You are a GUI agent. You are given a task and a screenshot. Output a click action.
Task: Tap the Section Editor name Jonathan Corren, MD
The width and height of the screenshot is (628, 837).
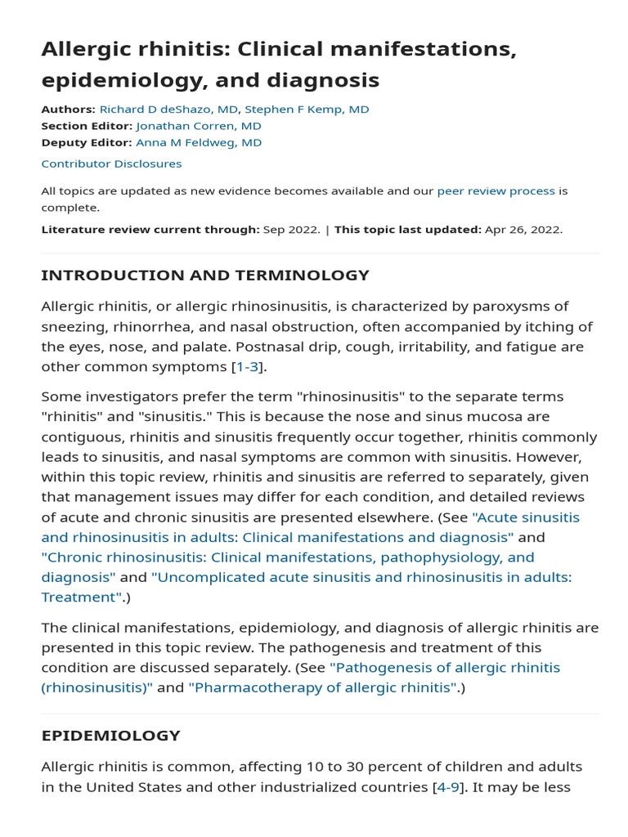[x=199, y=126]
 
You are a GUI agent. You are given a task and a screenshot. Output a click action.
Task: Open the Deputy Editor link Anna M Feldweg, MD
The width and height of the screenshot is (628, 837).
[x=199, y=142]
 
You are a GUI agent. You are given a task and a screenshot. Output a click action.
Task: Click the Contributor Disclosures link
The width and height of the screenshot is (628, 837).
[x=111, y=163]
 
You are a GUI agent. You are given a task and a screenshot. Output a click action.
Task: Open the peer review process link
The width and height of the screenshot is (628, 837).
[x=496, y=191]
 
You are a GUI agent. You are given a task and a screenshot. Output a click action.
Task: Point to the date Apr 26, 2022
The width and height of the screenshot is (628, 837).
[x=523, y=230]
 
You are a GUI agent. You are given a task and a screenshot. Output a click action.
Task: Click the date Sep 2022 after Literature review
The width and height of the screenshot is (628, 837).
[x=291, y=230]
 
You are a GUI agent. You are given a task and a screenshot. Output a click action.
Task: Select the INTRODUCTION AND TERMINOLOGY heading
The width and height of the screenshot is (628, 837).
[x=205, y=275]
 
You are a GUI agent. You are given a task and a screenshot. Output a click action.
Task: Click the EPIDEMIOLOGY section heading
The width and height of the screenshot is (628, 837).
[x=110, y=736]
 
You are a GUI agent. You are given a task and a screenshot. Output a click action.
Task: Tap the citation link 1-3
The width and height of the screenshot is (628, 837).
[x=248, y=367]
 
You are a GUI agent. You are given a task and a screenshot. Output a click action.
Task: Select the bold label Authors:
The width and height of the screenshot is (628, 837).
[x=68, y=110]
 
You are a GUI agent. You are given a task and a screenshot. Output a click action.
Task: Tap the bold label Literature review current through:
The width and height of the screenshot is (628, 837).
[x=150, y=230]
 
